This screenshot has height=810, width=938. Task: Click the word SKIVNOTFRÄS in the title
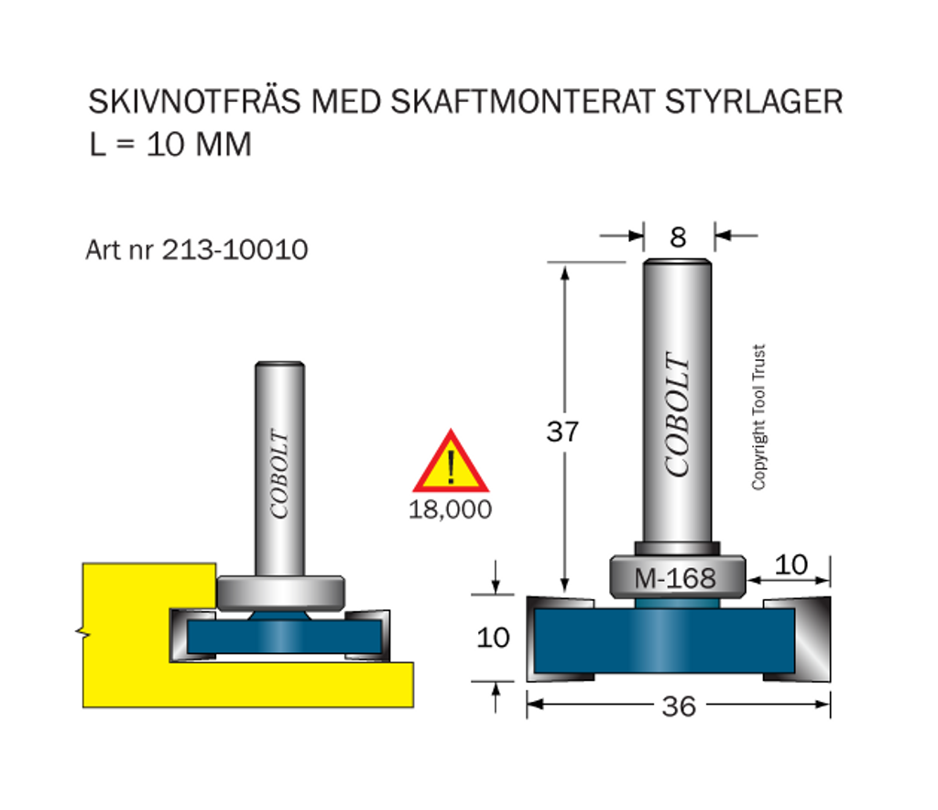pos(194,101)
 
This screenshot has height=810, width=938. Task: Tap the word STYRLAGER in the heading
pos(754,101)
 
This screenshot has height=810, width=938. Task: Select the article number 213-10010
pos(235,249)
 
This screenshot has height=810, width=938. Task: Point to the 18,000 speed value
pos(450,509)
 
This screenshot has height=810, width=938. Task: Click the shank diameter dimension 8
pos(678,237)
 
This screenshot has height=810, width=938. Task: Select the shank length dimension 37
pos(562,432)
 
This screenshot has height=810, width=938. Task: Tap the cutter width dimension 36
pos(679,706)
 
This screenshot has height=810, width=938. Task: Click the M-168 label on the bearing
pos(675,578)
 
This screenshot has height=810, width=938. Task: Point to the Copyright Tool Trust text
pos(758,417)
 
